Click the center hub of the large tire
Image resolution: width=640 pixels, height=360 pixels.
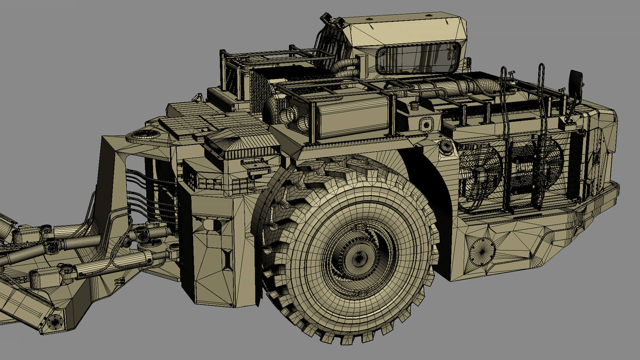coord(358,259)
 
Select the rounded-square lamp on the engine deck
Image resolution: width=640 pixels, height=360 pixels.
coord(426,125)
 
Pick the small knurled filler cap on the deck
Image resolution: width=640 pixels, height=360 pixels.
coord(414,106)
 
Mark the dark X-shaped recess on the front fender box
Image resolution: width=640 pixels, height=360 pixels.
coord(228,259)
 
